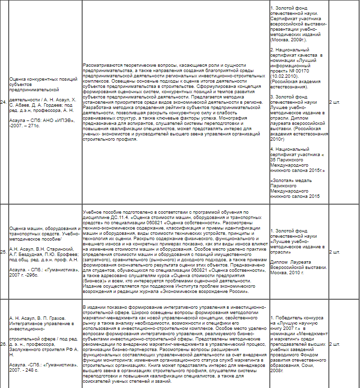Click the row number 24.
tap(3, 102)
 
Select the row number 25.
tap(3, 252)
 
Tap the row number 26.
tap(3, 344)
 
